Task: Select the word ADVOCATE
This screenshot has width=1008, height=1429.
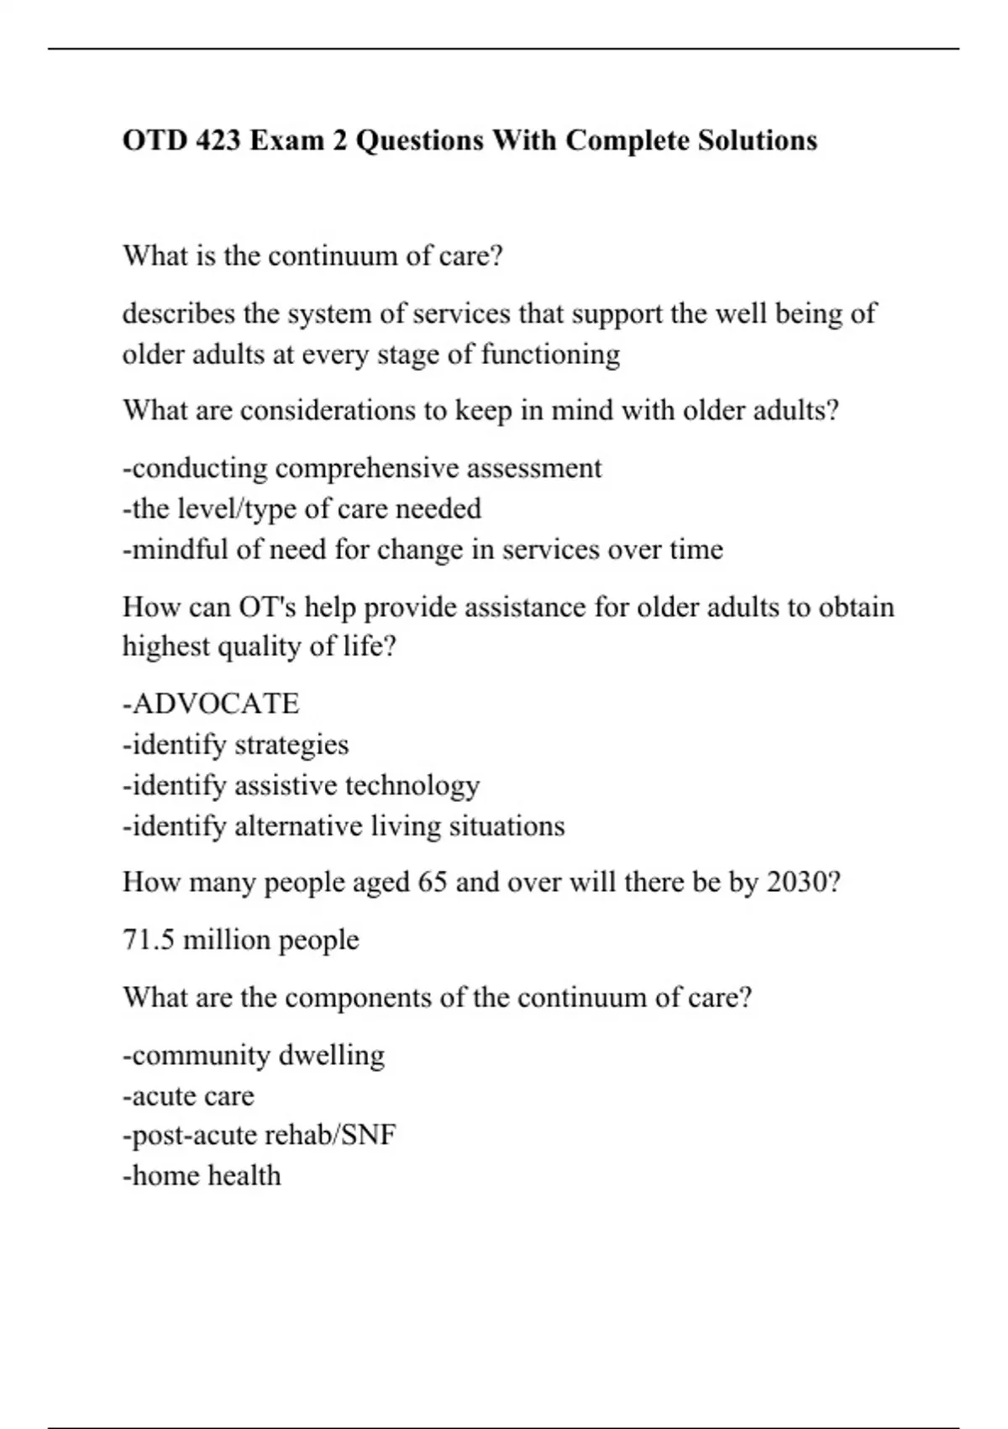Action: [216, 704]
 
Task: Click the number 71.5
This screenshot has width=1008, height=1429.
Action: [149, 940]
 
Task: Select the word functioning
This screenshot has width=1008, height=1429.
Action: [550, 354]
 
